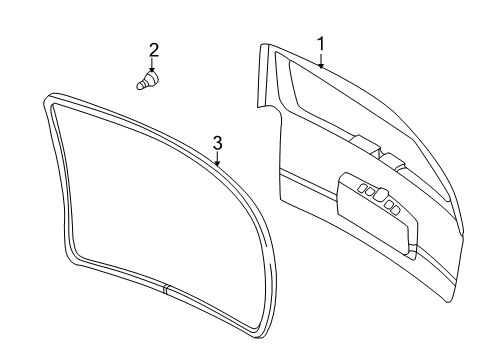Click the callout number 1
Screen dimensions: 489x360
[x=320, y=44]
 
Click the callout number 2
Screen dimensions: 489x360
[x=153, y=50]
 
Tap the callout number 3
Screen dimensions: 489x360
[x=217, y=143]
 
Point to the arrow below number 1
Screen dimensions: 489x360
[x=321, y=60]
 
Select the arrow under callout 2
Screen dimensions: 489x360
[x=152, y=65]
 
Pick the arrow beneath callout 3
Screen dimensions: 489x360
[x=217, y=158]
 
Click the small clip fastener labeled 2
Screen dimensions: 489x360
[x=148, y=80]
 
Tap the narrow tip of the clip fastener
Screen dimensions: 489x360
[x=139, y=86]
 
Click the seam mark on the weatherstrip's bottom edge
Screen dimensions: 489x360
[x=165, y=289]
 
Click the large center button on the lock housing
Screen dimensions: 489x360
[x=380, y=194]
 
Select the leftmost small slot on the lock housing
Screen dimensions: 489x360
[x=362, y=188]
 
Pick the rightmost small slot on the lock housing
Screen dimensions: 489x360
[x=395, y=210]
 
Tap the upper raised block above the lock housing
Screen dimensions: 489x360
[x=365, y=144]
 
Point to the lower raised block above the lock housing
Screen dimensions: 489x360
[x=393, y=162]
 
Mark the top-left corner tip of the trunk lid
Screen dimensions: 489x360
[x=260, y=45]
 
